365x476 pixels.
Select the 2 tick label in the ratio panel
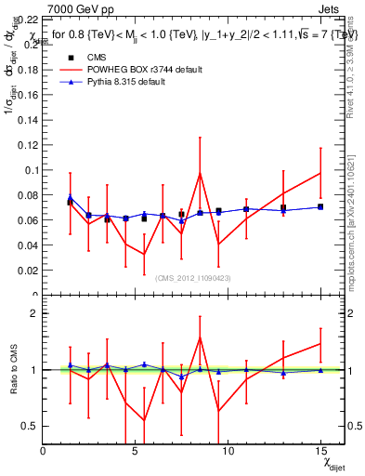(33, 313)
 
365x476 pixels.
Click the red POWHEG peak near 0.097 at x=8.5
(200, 173)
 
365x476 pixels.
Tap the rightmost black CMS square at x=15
(319, 206)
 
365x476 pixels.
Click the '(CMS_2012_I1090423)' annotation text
(193, 277)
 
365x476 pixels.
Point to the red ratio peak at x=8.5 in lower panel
(200, 337)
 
